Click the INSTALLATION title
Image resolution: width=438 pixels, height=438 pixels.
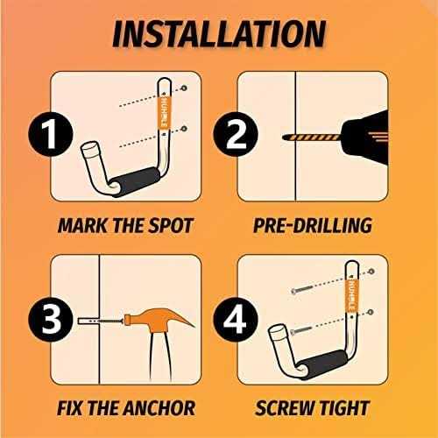219,34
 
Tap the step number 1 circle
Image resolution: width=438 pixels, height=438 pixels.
51,134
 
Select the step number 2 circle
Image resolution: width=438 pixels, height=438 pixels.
236,134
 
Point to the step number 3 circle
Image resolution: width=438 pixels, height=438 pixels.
51,320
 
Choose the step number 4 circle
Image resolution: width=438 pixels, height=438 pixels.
236,320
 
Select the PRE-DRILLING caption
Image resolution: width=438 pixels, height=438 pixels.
313,225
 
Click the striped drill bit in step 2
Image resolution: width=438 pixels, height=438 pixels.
312,138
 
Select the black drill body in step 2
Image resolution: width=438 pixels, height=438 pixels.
364,138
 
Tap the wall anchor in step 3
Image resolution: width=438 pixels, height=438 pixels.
88,321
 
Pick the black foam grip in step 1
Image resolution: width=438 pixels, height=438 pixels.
136,181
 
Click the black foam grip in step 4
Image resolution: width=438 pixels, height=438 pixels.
322,364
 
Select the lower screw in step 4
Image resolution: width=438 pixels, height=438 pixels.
303,331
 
